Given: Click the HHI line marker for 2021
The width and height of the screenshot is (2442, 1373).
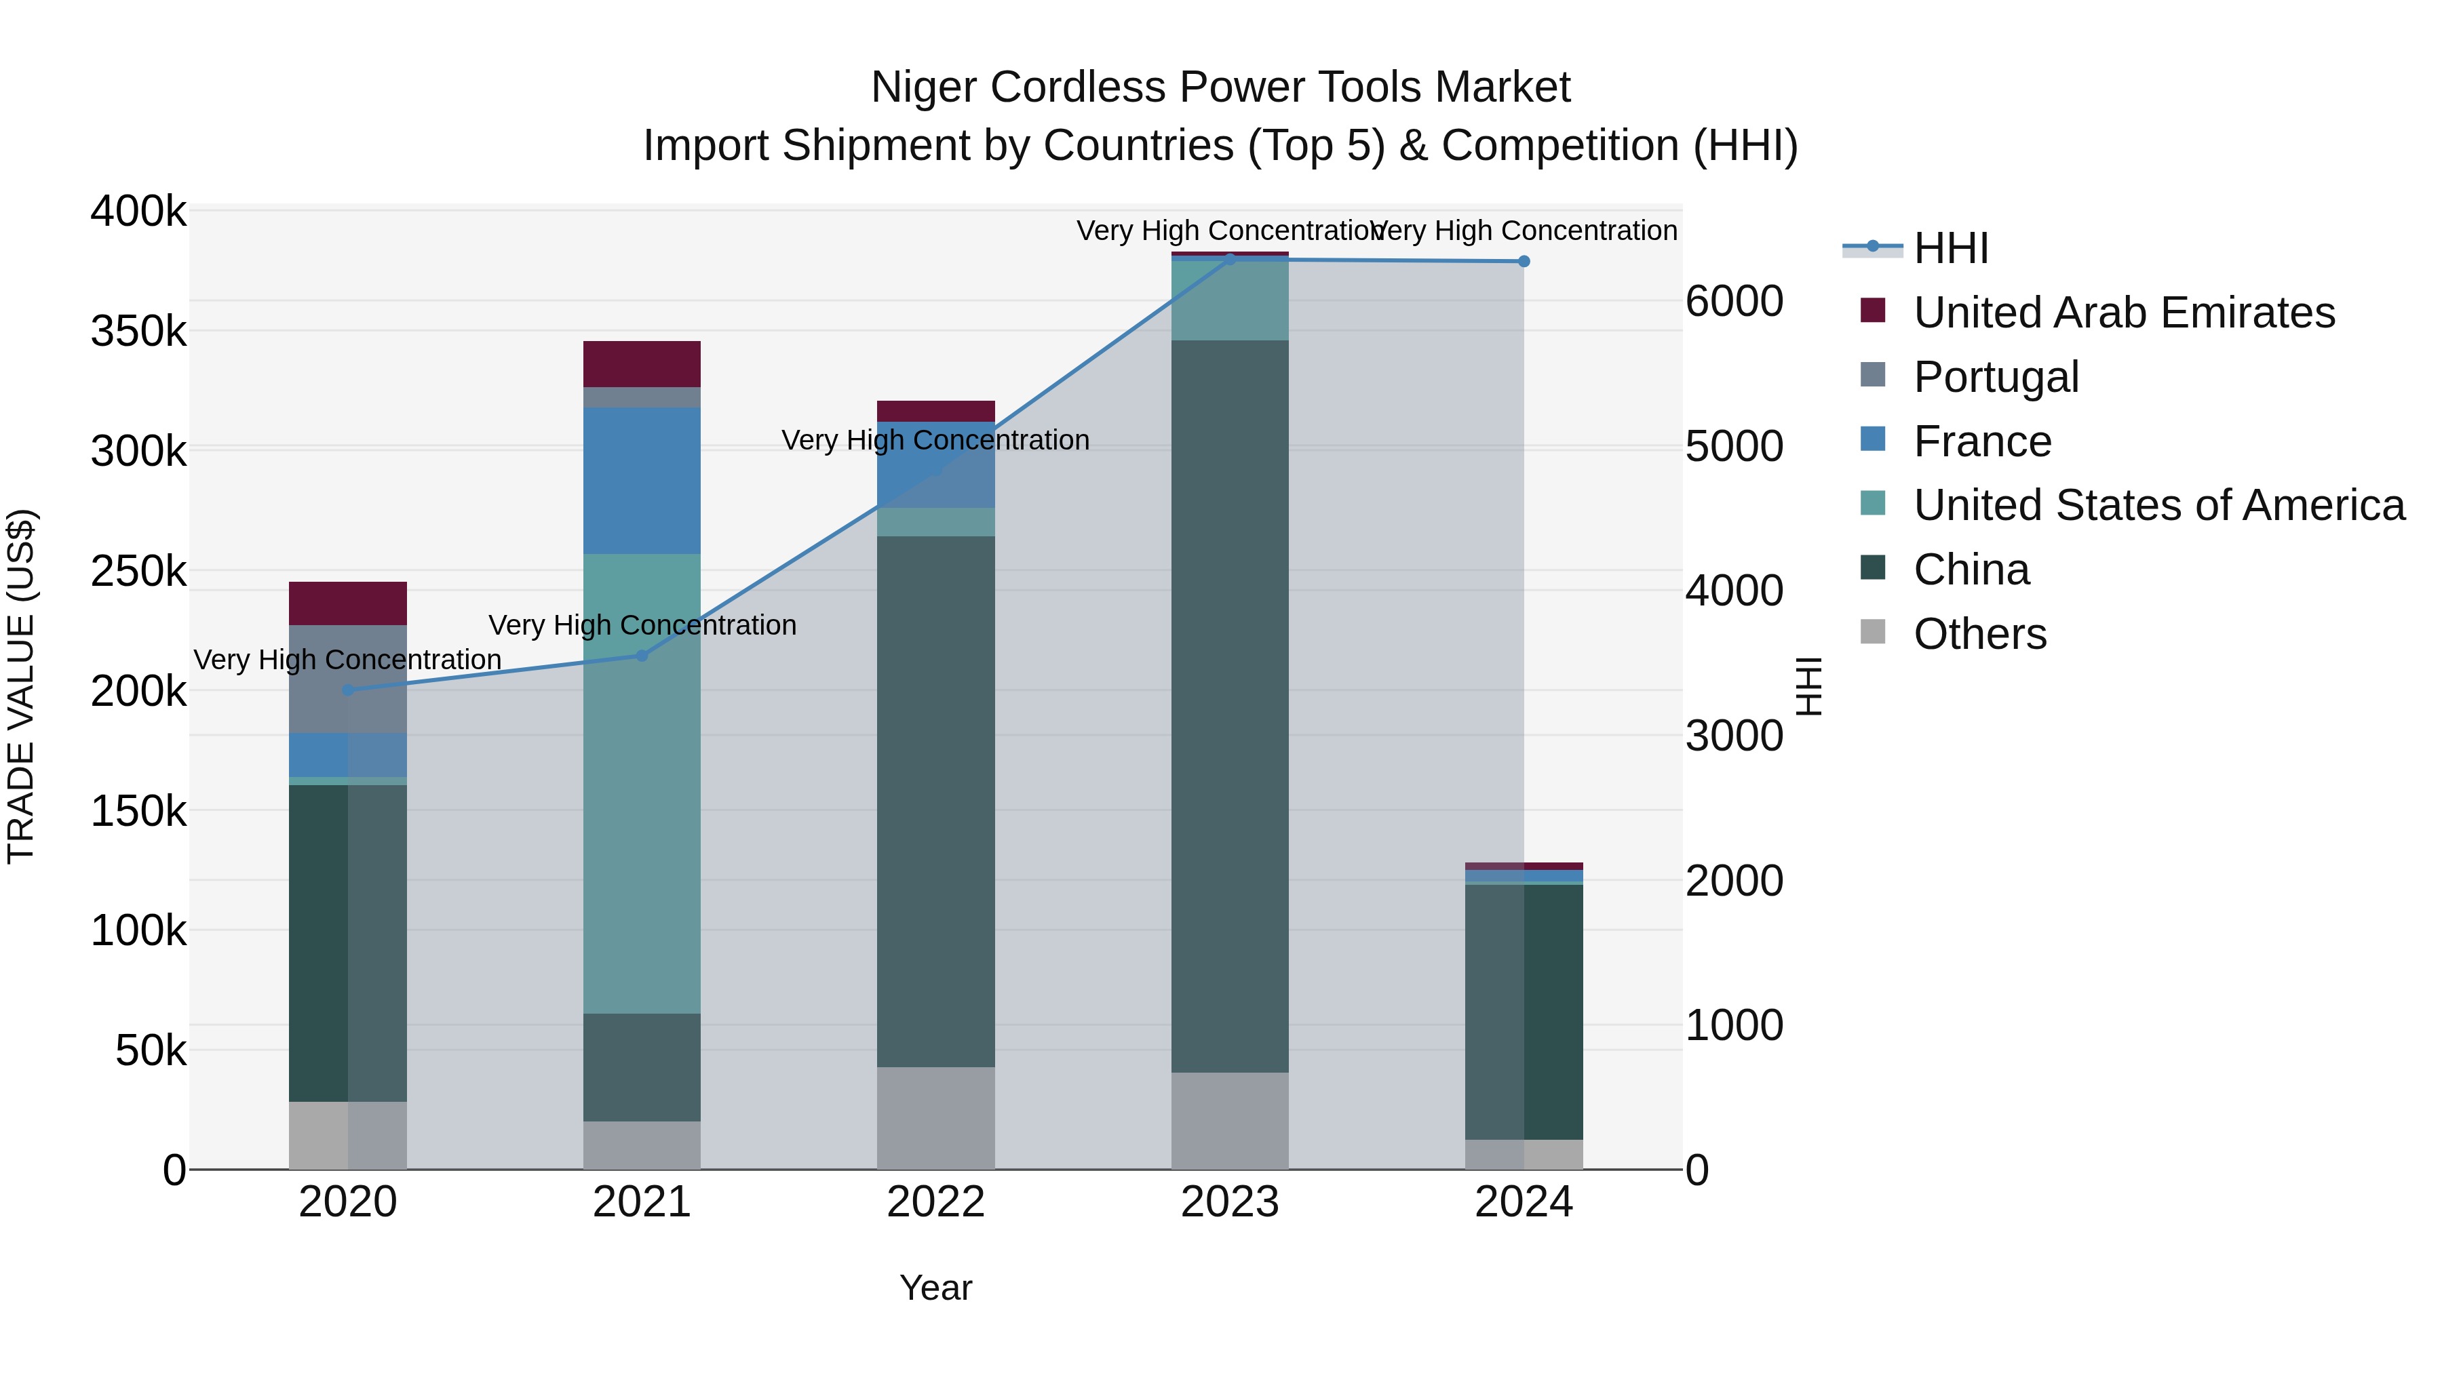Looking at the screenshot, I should coord(642,656).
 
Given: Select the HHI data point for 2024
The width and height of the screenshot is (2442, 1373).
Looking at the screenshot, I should coord(1524,262).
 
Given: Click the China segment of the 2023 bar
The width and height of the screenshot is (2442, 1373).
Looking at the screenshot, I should coord(1230,706).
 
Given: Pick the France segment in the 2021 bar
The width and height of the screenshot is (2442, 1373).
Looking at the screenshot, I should coord(642,481).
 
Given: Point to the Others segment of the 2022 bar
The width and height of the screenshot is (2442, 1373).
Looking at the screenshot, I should coord(935,1117).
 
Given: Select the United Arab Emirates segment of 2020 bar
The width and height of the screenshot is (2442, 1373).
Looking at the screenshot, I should coord(348,603).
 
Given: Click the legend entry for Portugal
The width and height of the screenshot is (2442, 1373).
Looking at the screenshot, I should coord(1996,377).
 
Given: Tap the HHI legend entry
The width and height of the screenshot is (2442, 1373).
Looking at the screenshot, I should coord(1950,248).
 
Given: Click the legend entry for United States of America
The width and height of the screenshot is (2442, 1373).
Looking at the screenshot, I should coord(2158,506).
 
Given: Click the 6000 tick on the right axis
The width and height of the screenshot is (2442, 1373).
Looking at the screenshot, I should coord(1734,302).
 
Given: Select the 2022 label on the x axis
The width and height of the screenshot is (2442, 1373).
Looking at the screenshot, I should coord(935,1202).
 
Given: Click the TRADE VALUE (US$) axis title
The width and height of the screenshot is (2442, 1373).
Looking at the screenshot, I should coord(21,686).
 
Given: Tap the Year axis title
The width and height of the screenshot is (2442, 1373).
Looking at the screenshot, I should coord(935,1288).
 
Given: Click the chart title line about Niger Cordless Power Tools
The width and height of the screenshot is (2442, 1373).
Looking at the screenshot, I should coord(1220,87).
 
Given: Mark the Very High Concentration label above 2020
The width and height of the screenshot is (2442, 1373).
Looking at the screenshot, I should coord(348,660).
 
